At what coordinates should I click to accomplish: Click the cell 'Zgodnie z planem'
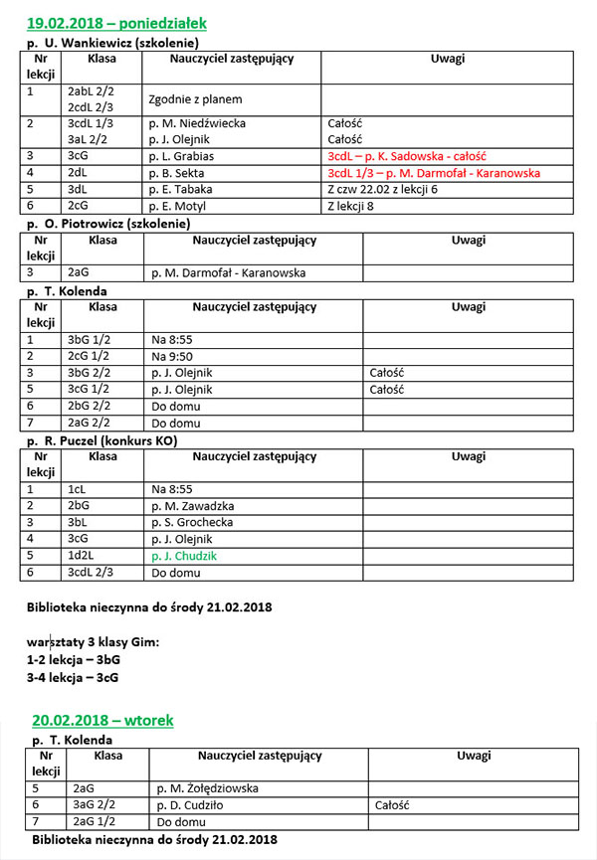pyautogui.click(x=195, y=99)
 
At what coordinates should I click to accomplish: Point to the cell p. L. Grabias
pyautogui.click(x=185, y=156)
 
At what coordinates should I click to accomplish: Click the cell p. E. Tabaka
pyautogui.click(x=184, y=188)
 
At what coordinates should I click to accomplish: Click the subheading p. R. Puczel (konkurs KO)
pyautogui.click(x=112, y=439)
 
